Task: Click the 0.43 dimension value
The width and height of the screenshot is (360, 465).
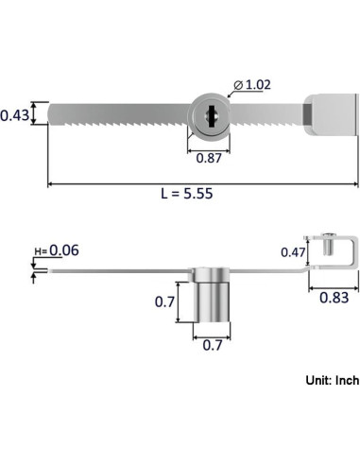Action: (x=14, y=115)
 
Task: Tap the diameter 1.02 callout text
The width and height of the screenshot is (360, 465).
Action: (x=252, y=85)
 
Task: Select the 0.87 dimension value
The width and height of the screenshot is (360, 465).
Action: (x=209, y=158)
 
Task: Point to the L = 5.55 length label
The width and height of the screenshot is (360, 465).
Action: (x=187, y=193)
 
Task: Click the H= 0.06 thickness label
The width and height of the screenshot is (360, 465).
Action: (x=57, y=250)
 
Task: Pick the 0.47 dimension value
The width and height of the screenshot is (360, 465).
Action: (x=293, y=252)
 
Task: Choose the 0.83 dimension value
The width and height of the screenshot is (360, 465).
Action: (x=334, y=298)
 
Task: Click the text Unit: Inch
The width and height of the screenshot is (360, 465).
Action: (x=333, y=380)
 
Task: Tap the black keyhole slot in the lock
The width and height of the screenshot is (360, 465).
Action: (x=211, y=116)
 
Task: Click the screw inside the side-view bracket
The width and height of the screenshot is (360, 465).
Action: (x=329, y=244)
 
